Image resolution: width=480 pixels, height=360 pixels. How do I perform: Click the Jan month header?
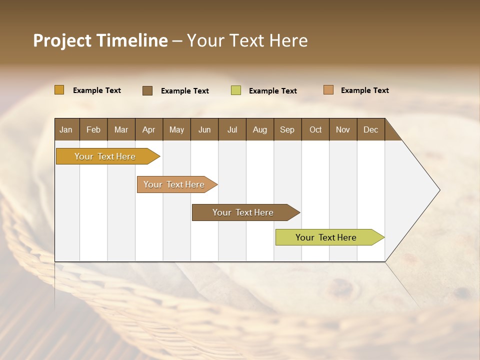coord(66,129)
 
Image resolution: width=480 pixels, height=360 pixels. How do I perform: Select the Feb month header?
coord(93,129)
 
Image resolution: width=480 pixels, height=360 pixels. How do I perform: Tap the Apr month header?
coord(148,129)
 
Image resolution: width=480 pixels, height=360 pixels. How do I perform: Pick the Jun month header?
coord(204,129)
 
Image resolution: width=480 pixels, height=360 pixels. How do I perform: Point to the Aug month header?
coord(259,129)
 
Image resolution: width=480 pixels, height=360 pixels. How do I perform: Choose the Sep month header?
coord(287,129)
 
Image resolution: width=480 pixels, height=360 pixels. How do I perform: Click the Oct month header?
coord(315,129)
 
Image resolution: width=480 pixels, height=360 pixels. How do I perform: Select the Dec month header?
coord(370,129)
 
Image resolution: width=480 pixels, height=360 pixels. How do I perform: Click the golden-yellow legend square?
coord(59,90)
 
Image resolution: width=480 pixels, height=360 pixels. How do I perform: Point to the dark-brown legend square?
coord(147,90)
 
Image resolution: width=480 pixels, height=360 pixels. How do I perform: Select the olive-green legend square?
coord(236,90)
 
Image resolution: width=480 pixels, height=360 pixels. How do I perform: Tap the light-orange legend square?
coord(328,90)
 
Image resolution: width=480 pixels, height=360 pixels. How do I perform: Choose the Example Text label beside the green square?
coord(272,91)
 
